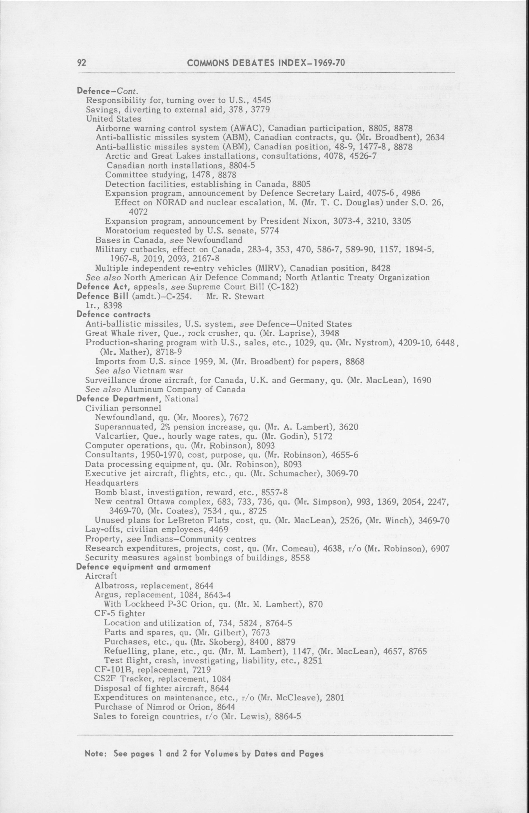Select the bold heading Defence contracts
tap(114, 314)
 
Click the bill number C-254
tap(186, 296)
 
